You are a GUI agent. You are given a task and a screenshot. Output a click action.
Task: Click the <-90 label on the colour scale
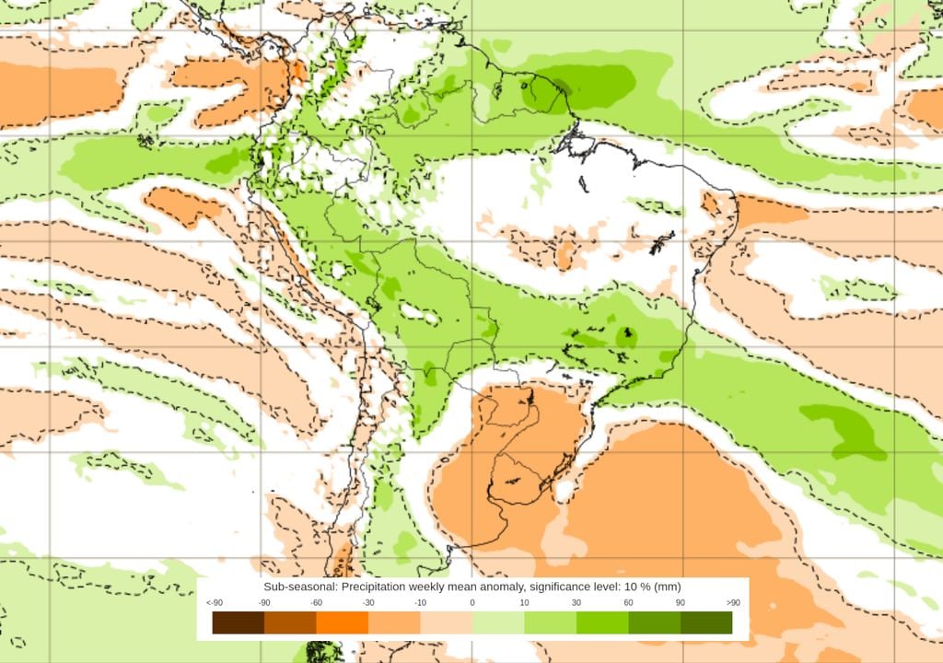tap(214, 603)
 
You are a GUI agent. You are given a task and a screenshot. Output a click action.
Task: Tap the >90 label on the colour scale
tap(733, 603)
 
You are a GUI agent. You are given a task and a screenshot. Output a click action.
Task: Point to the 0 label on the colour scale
tap(472, 603)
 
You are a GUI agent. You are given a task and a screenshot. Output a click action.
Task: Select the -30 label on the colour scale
tap(368, 603)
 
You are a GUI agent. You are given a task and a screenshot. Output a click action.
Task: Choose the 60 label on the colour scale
tap(628, 603)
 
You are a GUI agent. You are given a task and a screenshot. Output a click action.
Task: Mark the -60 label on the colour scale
tap(316, 603)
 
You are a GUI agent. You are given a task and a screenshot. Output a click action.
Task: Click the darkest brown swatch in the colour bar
tap(239, 623)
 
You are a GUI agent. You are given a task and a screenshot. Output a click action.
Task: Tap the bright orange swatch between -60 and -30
tap(343, 623)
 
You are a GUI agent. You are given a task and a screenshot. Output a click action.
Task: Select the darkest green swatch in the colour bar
tap(706, 623)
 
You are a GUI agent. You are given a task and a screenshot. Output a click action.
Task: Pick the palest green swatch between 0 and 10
tap(498, 623)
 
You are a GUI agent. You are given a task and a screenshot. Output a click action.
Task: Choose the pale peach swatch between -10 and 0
tap(447, 623)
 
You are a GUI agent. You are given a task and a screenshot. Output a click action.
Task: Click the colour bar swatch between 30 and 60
tap(602, 623)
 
